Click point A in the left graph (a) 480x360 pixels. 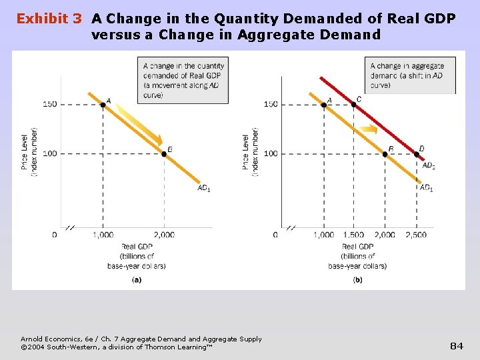pos(103,105)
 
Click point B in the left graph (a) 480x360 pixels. pos(164,153)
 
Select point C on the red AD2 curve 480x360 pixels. pos(353,105)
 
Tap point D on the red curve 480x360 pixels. pos(417,154)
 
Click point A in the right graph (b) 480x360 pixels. pos(324,105)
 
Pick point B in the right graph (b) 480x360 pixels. pos(385,154)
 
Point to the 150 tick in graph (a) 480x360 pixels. pos(49,104)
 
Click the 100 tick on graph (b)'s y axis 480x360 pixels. pos(270,154)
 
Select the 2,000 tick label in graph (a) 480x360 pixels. pos(164,235)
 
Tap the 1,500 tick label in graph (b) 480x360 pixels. pos(353,235)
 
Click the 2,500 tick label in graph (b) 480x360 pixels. pos(416,235)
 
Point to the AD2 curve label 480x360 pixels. pos(429,165)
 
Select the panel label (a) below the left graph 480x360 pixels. pos(136,280)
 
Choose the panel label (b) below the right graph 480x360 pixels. pos(357,280)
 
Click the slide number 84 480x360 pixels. pos(457,345)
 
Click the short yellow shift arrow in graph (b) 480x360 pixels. pos(369,129)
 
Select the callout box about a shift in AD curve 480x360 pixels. pos(410,75)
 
